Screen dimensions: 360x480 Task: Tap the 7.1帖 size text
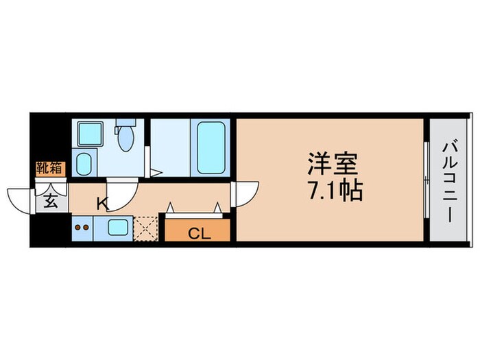pyautogui.click(x=334, y=190)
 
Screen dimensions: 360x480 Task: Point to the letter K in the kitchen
pyautogui.click(x=102, y=203)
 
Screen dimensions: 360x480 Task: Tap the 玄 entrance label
pyautogui.click(x=51, y=201)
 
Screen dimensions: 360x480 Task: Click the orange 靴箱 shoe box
pyautogui.click(x=50, y=168)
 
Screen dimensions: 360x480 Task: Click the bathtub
pyautogui.click(x=213, y=147)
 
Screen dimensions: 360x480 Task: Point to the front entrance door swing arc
pyautogui.click(x=19, y=197)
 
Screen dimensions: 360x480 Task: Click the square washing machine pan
pyautogui.click(x=89, y=134)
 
